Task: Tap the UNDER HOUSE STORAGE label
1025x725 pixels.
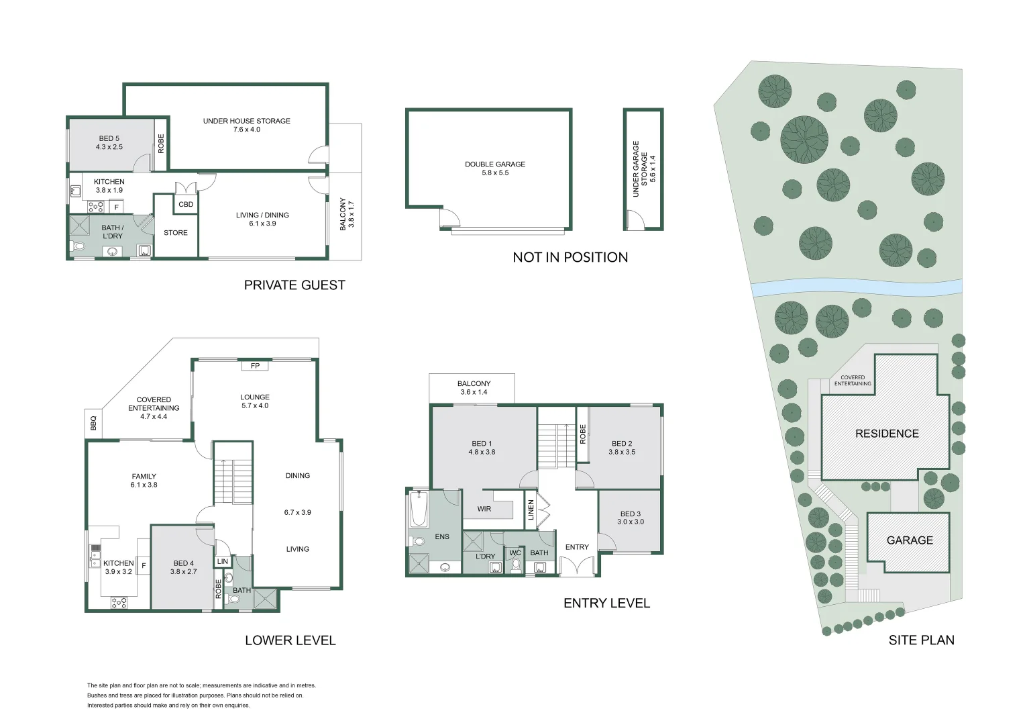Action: coord(247,121)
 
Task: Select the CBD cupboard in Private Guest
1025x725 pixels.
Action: coord(186,204)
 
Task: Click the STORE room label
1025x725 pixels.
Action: coord(176,233)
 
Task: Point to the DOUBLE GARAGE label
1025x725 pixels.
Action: coord(495,164)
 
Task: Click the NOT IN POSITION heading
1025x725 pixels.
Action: coord(570,257)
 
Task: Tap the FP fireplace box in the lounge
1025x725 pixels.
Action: coord(255,365)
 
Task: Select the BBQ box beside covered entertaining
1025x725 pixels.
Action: coord(93,423)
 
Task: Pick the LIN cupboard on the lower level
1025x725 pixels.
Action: coord(223,561)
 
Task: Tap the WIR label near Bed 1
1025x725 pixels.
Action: coord(484,509)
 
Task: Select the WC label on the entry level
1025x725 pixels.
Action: coord(515,552)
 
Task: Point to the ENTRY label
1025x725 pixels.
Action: coord(577,547)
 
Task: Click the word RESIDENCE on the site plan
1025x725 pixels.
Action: coord(887,433)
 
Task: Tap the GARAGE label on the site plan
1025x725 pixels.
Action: coord(910,540)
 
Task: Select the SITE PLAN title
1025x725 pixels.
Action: coord(921,640)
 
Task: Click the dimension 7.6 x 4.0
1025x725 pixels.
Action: coord(247,130)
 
